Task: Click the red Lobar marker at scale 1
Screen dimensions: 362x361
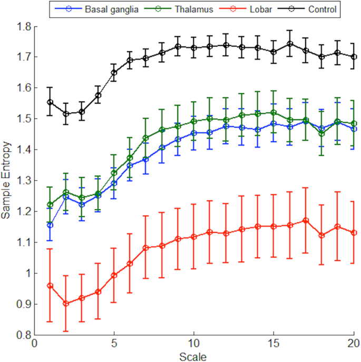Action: [x=50, y=286]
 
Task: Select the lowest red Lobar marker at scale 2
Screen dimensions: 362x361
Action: [x=66, y=304]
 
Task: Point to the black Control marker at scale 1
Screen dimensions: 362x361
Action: [x=50, y=102]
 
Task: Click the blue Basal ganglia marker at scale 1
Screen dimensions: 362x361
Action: [x=50, y=225]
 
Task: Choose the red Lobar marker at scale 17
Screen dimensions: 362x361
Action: [x=306, y=220]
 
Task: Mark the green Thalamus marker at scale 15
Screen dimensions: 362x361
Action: [x=274, y=112]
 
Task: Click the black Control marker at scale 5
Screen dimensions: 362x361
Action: [x=114, y=72]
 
